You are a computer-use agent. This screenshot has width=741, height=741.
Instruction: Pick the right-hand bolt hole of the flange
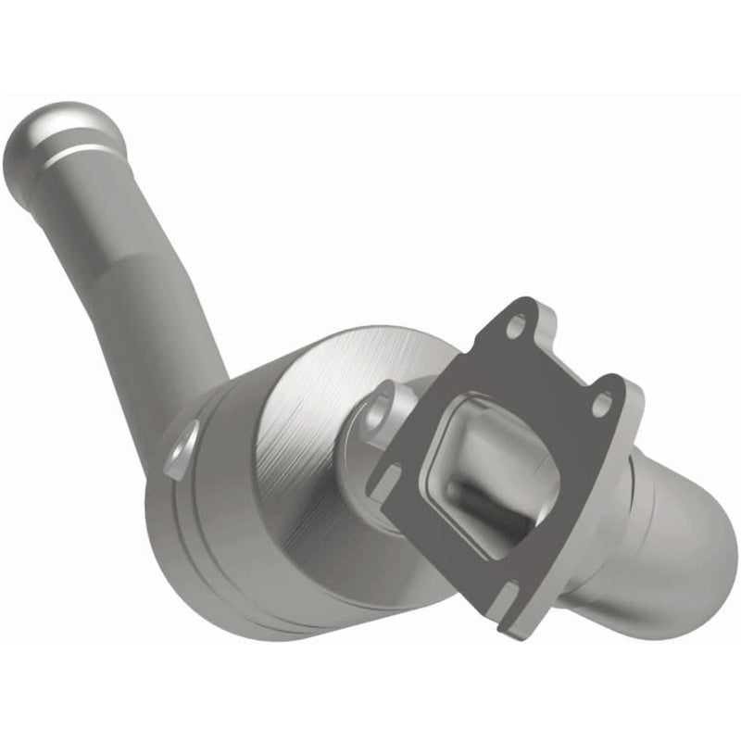click(603, 403)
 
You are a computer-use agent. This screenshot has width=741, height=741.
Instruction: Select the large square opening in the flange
click(491, 463)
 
